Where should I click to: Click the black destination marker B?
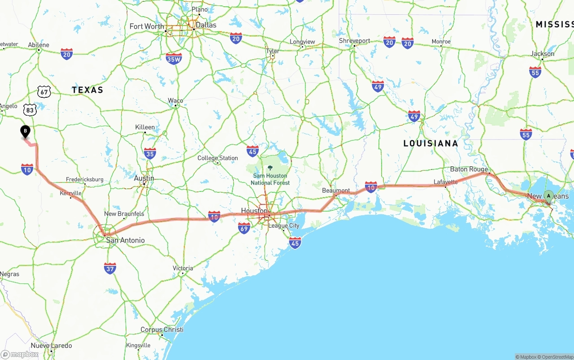tap(26, 132)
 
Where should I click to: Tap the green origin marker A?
tap(548, 196)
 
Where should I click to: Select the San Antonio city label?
tap(125, 240)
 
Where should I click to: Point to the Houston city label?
tap(254, 211)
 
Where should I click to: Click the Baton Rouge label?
tap(469, 169)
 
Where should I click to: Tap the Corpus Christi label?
tap(162, 330)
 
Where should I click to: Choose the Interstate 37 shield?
tap(110, 268)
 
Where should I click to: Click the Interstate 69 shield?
tap(244, 228)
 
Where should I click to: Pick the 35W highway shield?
tap(174, 58)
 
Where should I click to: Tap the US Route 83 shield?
tap(30, 109)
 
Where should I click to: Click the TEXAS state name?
tap(87, 90)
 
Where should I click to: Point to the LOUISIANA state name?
tap(430, 143)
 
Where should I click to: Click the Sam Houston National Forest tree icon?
tap(270, 168)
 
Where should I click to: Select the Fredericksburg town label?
tap(84, 179)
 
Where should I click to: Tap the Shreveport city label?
tap(354, 41)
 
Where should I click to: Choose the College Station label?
tap(217, 158)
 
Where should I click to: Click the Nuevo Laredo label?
tap(51, 346)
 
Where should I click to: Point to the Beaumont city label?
tap(336, 191)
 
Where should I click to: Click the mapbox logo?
tap(20, 355)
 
